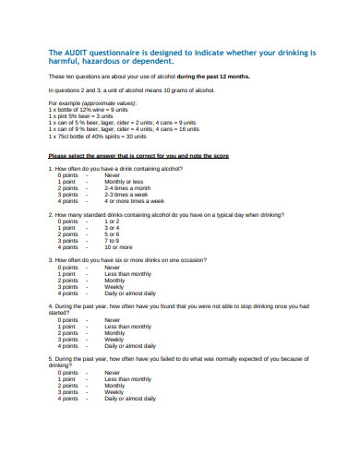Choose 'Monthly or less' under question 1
(x=124, y=182)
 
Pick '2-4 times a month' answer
(x=126, y=188)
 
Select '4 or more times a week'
(x=134, y=201)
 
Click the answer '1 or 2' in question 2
(x=113, y=221)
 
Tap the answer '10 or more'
(x=119, y=247)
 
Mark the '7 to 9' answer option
(x=113, y=241)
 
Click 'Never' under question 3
(x=113, y=268)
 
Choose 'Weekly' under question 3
(x=114, y=287)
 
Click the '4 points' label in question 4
(x=67, y=346)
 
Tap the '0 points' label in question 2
(x=67, y=221)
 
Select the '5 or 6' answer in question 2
(x=113, y=234)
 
